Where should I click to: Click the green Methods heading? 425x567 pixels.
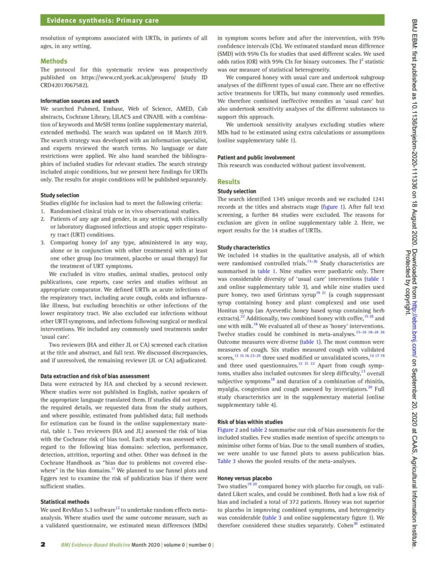54,61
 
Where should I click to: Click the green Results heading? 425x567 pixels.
229,182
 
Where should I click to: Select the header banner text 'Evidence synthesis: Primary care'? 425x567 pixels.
102,20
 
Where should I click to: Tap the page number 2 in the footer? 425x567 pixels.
43,544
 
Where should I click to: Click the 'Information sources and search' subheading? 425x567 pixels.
79,101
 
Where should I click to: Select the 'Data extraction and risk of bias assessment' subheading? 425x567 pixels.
95,376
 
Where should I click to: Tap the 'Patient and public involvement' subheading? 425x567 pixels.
256,158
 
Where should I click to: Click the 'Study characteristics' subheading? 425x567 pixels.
243,248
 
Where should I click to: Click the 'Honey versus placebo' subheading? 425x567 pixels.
244,478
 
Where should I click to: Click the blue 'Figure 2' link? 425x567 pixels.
229,430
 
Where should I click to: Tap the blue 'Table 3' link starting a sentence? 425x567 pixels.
227,461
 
